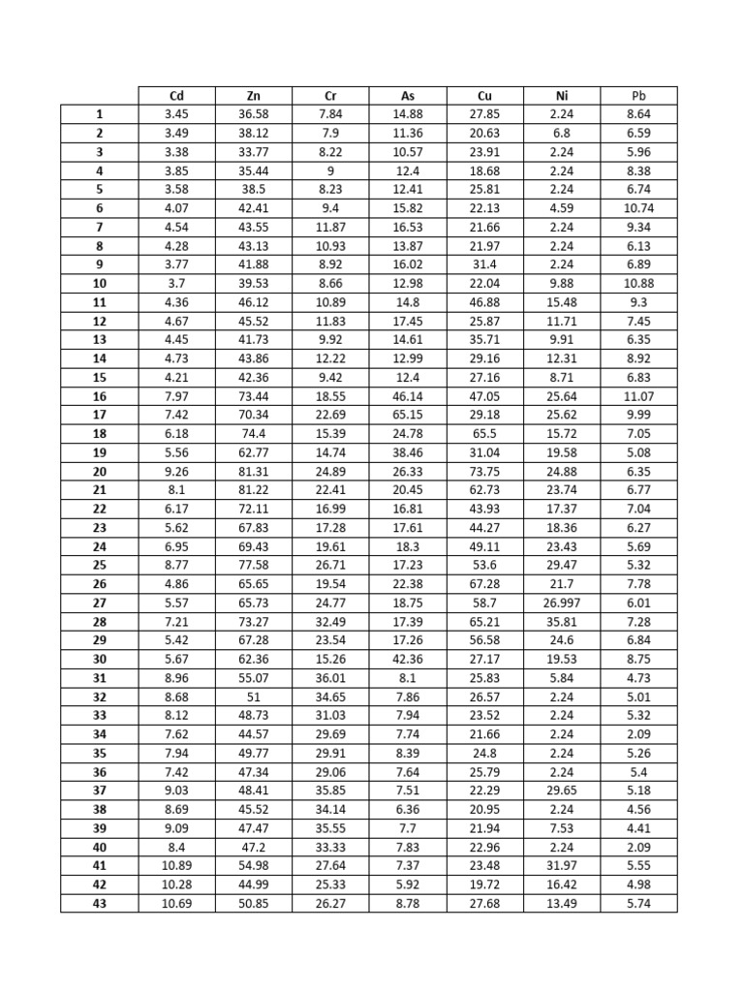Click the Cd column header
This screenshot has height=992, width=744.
[176, 96]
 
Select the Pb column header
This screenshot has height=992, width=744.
[638, 96]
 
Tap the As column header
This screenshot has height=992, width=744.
[408, 96]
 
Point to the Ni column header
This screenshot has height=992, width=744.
[562, 96]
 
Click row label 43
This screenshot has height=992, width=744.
[99, 904]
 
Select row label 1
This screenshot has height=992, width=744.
[99, 114]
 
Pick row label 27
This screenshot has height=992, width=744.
[99, 603]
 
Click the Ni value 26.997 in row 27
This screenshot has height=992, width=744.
[562, 603]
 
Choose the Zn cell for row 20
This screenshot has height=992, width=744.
[254, 472]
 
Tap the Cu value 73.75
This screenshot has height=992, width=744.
[485, 472]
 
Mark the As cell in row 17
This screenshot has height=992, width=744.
[408, 415]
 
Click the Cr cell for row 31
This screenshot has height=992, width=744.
[330, 678]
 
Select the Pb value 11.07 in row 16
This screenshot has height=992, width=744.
[638, 396]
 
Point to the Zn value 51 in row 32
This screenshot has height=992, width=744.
[254, 697]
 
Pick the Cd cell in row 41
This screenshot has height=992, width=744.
[176, 866]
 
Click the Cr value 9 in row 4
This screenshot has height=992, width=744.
[330, 170]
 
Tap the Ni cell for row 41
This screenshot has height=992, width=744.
[562, 866]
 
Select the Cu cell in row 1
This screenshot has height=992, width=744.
[485, 114]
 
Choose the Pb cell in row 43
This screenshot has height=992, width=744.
[638, 904]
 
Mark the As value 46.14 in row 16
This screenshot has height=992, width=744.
[408, 396]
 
